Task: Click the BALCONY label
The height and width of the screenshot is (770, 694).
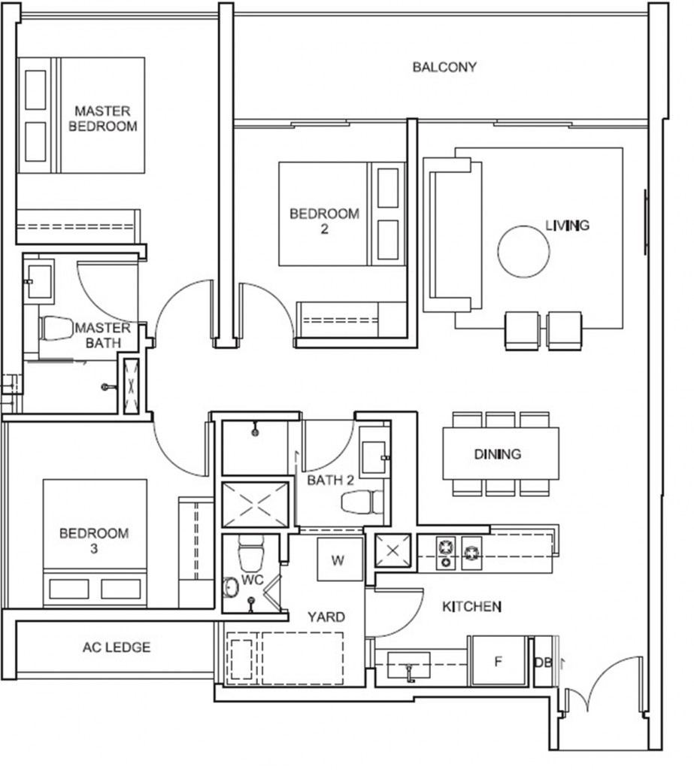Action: [x=444, y=67]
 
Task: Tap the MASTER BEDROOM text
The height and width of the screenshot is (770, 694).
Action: [x=103, y=119]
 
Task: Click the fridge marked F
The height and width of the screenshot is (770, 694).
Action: [x=497, y=661]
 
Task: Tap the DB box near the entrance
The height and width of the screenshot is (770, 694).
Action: [x=541, y=662]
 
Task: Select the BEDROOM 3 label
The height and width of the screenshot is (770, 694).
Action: [x=94, y=541]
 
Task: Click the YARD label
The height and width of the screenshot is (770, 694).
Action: [x=326, y=617]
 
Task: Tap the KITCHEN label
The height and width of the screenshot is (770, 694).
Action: [x=471, y=606]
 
